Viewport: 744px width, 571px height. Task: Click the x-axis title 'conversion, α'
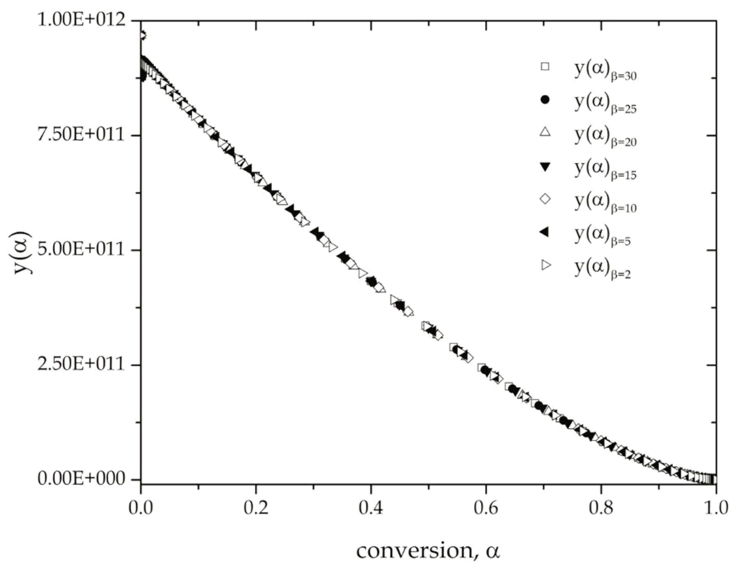point(428,551)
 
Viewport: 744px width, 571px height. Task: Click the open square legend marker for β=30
point(545,66)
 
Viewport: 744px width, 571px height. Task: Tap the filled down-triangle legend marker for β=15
point(545,167)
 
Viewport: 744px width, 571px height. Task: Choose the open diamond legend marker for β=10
point(545,199)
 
